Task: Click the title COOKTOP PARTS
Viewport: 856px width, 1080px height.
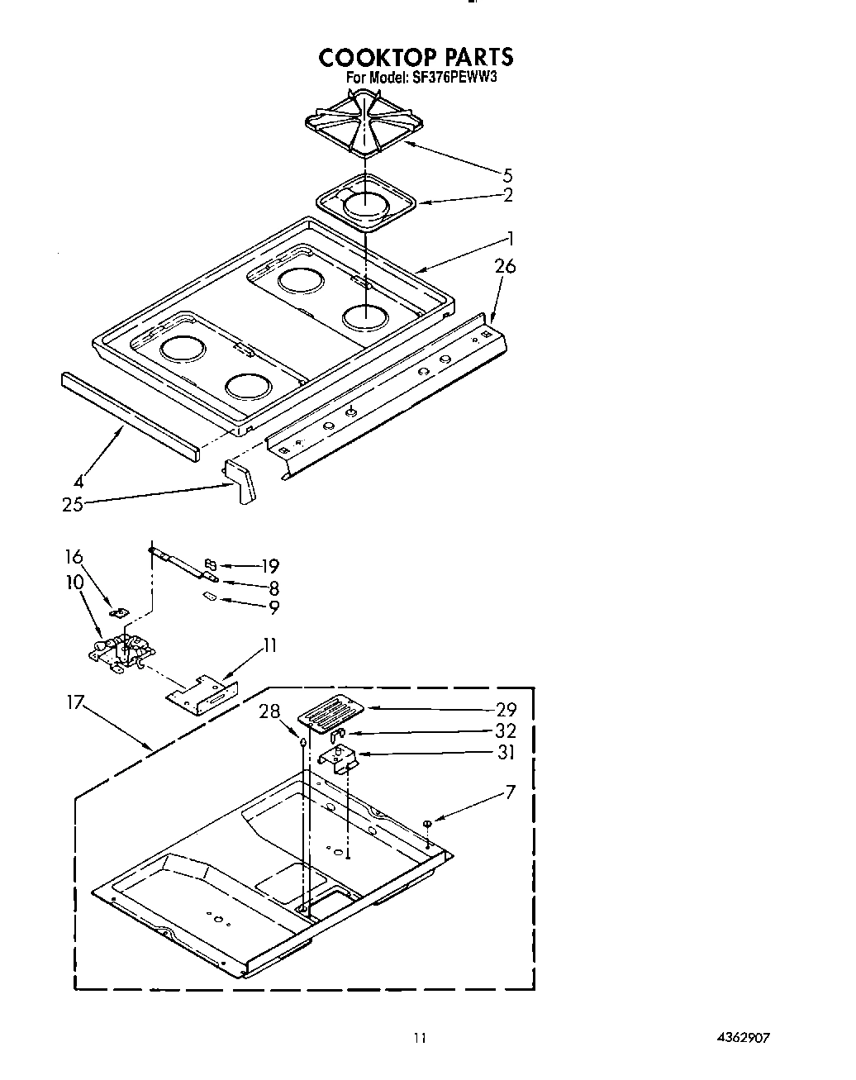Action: pos(416,57)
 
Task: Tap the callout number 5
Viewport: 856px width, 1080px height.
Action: pos(507,174)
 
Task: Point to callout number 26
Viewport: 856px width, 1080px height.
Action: pos(505,266)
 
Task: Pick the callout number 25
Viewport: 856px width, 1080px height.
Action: pos(73,504)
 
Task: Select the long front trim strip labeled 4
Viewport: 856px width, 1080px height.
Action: pos(130,416)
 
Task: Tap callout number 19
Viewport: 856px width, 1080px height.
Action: pos(270,566)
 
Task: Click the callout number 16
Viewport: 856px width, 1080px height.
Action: pos(74,557)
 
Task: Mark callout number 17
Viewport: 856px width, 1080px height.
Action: pos(76,703)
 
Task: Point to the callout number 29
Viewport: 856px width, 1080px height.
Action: pos(506,709)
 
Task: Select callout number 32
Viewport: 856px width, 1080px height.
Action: pos(506,730)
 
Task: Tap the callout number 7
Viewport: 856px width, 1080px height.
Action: pos(510,792)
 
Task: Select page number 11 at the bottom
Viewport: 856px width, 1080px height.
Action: pos(421,1038)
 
